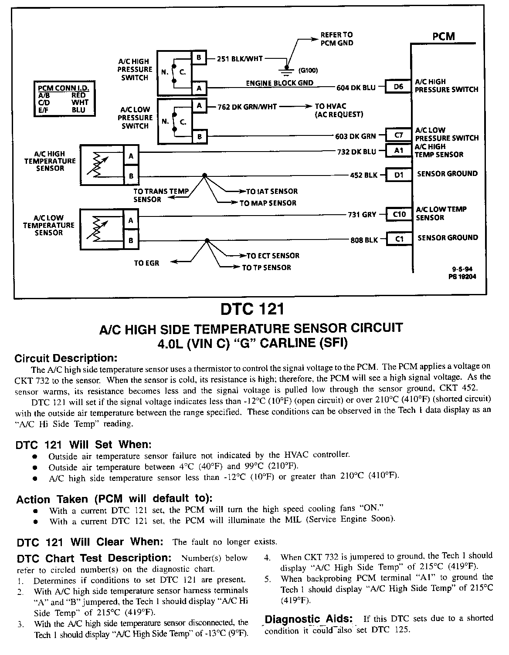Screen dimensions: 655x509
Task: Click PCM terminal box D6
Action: pyautogui.click(x=398, y=87)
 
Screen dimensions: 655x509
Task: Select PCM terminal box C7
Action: pyautogui.click(x=398, y=135)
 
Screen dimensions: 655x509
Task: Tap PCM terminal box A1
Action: pyautogui.click(x=398, y=150)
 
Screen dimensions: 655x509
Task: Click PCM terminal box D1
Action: pyautogui.click(x=398, y=175)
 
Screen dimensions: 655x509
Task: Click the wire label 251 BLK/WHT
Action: pyautogui.click(x=240, y=59)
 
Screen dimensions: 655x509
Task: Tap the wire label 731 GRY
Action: pyautogui.click(x=362, y=214)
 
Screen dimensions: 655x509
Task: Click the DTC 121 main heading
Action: pyautogui.click(x=252, y=309)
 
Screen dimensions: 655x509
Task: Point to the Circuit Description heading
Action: pyautogui.click(x=66, y=358)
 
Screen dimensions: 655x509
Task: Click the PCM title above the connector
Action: pyautogui.click(x=443, y=37)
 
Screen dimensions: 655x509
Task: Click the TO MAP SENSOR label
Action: pyautogui.click(x=268, y=203)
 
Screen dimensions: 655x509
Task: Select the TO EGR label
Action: pyautogui.click(x=146, y=263)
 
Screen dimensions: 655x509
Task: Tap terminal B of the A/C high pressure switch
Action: pyautogui.click(x=199, y=57)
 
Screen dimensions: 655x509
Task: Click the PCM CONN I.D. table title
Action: pyautogui.click(x=65, y=88)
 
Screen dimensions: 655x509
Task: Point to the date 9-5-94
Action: pyautogui.click(x=461, y=269)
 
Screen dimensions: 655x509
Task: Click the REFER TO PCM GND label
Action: pyautogui.click(x=336, y=39)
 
